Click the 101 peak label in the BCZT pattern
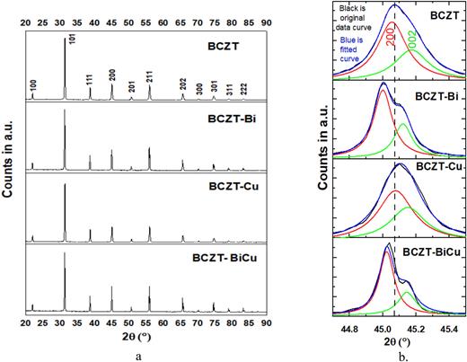(x=71, y=39)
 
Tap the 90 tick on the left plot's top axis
(x=267, y=8)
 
